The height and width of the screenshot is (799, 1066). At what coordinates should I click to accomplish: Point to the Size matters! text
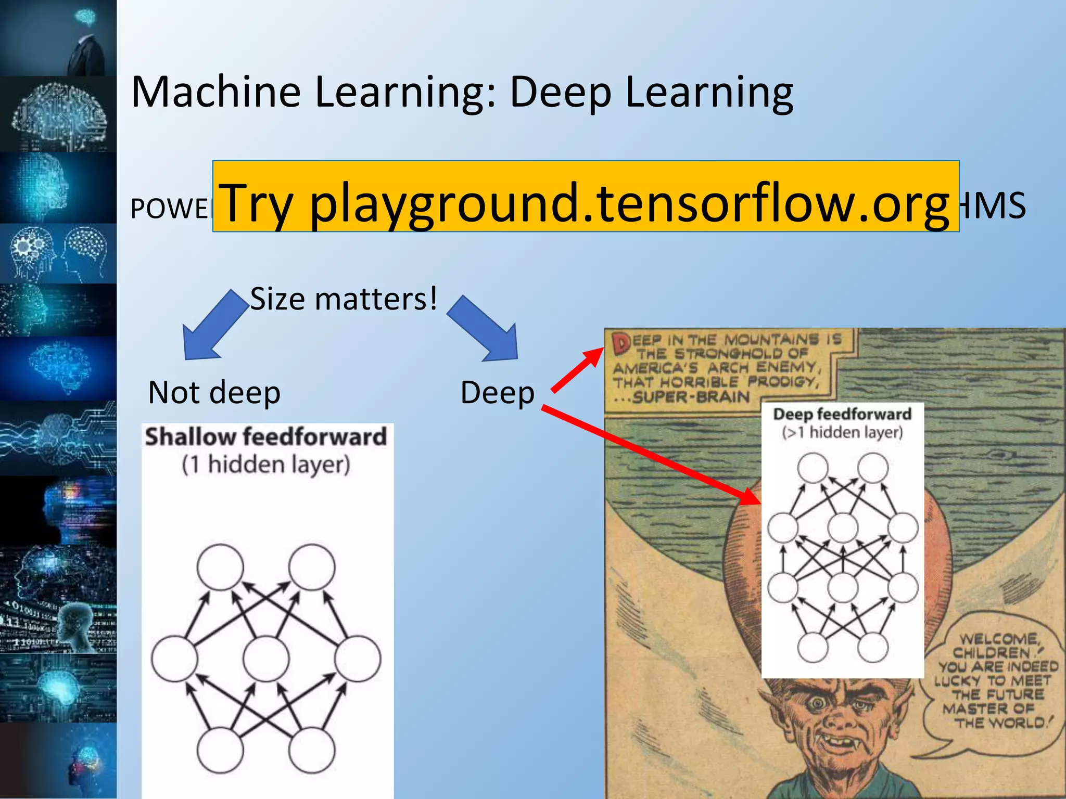pos(344,299)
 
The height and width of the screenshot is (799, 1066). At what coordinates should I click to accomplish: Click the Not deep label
pos(214,392)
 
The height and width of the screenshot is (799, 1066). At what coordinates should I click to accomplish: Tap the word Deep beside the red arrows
pos(497,392)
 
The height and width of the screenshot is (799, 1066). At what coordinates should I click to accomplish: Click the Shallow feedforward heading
pos(266,437)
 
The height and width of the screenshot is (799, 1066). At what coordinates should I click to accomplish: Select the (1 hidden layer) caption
pos(266,465)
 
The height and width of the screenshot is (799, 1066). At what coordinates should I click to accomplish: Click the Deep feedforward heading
pos(842,414)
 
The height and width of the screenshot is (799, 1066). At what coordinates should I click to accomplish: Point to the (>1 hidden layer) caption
pos(842,432)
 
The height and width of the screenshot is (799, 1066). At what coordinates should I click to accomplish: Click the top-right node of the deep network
pos(872,467)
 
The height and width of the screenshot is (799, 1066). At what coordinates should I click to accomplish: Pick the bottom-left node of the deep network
pos(813,648)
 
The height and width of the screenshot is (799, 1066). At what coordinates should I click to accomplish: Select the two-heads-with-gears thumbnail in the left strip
pos(58,254)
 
